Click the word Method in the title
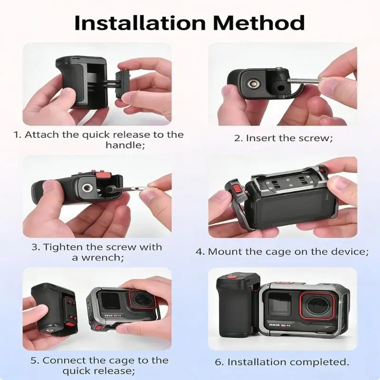[x=259, y=23]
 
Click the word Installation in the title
[x=140, y=23]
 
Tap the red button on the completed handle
[x=232, y=277]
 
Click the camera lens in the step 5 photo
[x=142, y=300]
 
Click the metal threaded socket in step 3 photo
[x=86, y=187]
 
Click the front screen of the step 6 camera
[x=280, y=304]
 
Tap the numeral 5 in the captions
[x=34, y=361]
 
